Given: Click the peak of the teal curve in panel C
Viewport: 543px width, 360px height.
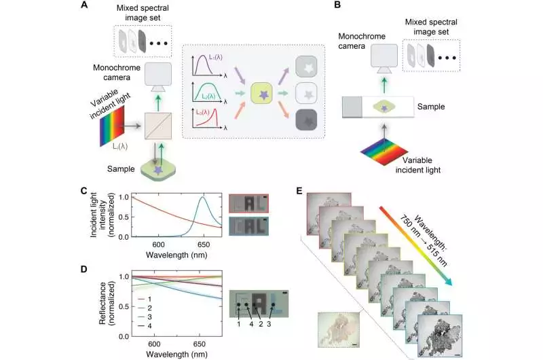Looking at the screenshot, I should (202, 198).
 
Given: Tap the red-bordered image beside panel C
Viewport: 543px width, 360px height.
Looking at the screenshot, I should (248, 203).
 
